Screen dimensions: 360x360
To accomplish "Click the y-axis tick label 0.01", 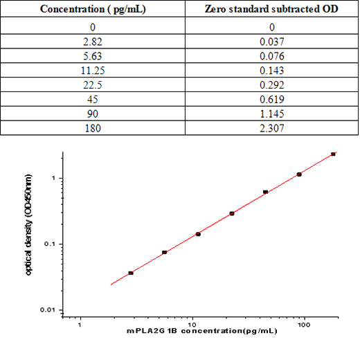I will [x=48, y=309].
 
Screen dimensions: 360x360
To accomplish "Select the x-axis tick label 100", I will [x=305, y=323].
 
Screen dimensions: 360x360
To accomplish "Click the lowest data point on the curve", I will [x=131, y=273].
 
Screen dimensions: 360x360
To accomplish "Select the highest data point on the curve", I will [x=333, y=154].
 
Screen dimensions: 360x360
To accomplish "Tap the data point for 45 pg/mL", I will [x=265, y=192].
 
